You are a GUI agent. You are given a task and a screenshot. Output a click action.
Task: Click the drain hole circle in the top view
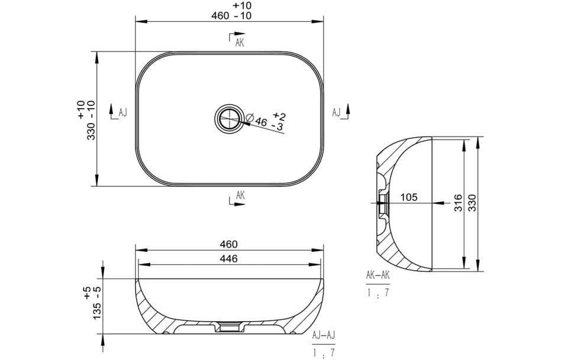(x=228, y=118)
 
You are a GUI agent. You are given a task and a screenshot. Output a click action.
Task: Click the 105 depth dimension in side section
(x=409, y=197)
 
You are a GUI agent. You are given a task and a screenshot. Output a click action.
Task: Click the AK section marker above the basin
(x=239, y=42)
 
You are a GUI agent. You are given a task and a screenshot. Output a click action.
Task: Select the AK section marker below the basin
(x=239, y=196)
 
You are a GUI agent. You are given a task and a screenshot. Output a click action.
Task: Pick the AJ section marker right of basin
(x=336, y=112)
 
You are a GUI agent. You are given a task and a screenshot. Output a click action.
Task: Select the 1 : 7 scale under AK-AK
(x=377, y=291)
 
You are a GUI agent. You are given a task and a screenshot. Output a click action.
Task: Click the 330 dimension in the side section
(x=472, y=203)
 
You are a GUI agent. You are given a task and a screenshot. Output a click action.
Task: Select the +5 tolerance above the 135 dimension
(x=87, y=291)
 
